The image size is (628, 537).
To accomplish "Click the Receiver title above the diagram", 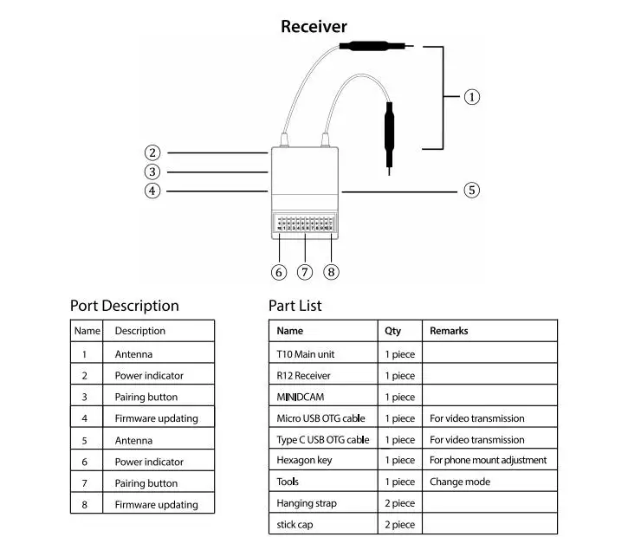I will coord(314,27).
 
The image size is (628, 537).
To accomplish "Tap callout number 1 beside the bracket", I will coord(472,97).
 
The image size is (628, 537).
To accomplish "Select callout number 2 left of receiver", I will coord(152,152).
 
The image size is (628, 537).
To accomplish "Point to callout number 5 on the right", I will coord(471,190).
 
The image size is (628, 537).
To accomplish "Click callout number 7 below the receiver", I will coord(304,272).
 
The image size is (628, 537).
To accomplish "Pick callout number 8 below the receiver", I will coord(331,272).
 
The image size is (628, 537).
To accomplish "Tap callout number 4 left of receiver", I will coord(152,191).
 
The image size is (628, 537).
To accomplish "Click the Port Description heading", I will coord(124,306).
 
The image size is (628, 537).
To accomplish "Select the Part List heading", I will coord(295,306).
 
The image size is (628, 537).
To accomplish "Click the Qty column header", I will coord(392,331).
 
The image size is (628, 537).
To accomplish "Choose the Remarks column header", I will coord(449,331).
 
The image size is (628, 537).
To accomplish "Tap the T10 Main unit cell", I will coord(305,353).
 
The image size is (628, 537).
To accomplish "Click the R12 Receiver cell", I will coord(303,375).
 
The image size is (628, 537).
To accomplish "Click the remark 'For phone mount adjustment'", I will coord(488,460).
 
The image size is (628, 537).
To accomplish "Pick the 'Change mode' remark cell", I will coord(459,482).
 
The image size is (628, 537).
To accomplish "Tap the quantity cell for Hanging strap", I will coord(399,502).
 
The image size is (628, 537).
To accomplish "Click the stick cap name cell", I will coord(296,524).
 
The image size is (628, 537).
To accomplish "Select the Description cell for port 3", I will coord(146,397).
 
